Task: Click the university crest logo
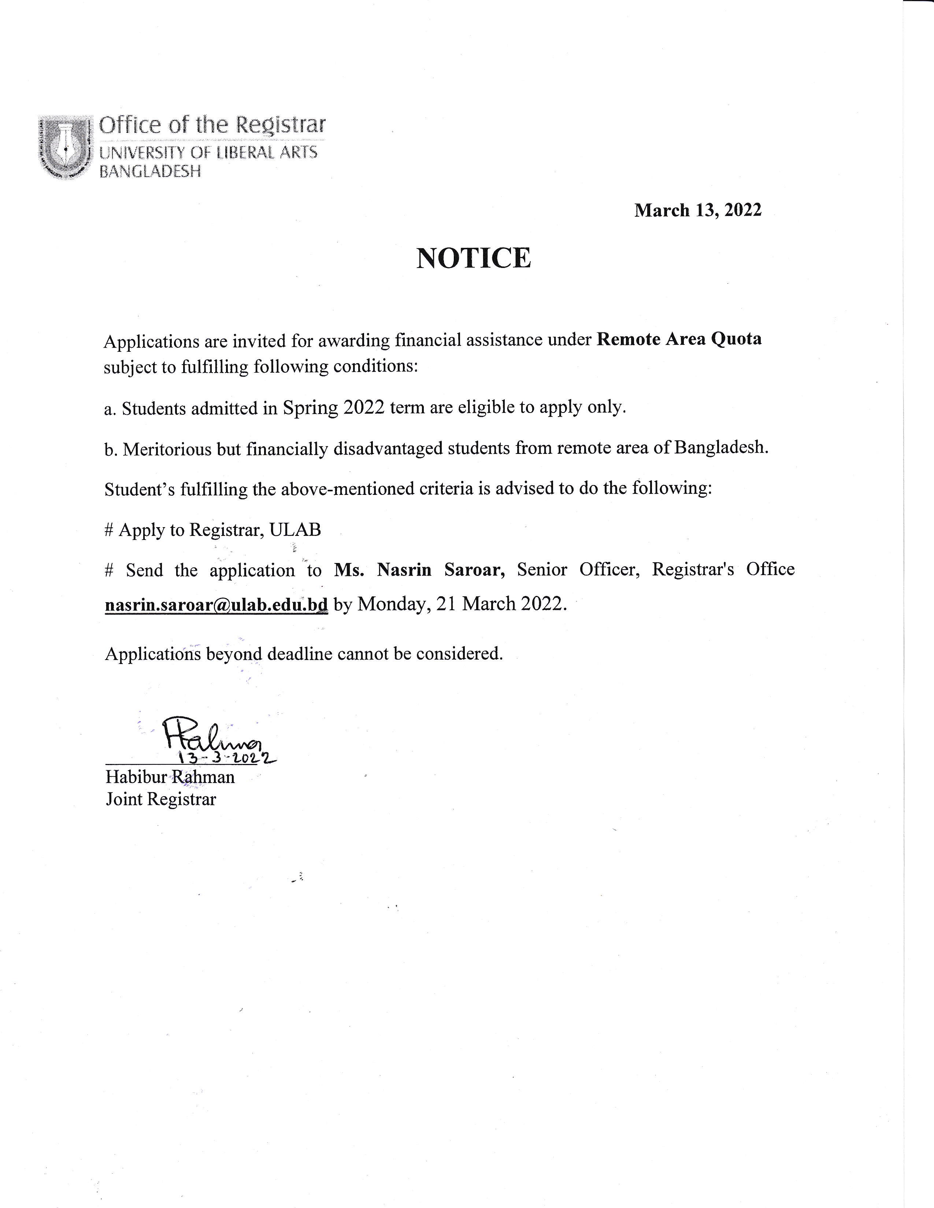tap(65, 146)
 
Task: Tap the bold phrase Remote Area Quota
tap(679, 339)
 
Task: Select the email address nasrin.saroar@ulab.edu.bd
tap(216, 605)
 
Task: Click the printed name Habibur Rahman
tap(170, 777)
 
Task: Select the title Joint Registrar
tap(160, 799)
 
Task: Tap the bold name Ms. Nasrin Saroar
tap(419, 570)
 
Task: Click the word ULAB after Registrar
tap(295, 530)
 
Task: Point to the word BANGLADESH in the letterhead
tap(150, 172)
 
